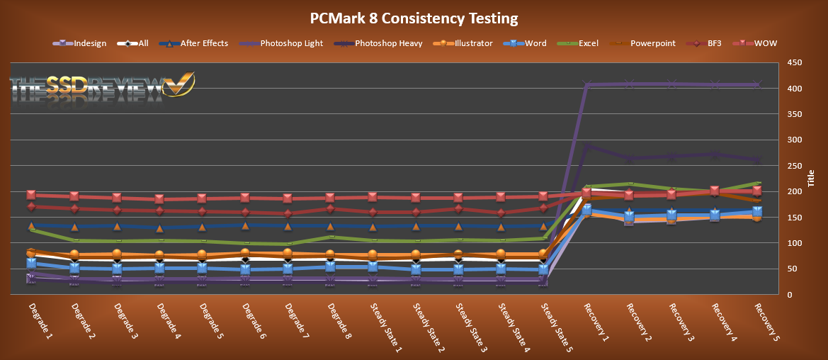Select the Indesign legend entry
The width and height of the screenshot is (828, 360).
(89, 43)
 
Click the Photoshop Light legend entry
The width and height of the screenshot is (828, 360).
(291, 43)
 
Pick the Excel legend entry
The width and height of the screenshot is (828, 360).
(588, 43)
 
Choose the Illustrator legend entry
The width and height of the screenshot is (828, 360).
(474, 43)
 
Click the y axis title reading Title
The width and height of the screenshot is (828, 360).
(812, 179)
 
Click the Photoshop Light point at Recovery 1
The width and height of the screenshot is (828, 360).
(587, 85)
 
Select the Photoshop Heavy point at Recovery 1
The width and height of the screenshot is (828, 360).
(587, 147)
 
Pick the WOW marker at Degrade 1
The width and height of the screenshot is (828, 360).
(31, 194)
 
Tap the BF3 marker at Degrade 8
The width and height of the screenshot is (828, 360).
(330, 208)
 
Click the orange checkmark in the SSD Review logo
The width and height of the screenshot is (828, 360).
(178, 83)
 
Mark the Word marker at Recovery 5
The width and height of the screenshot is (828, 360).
(757, 211)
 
